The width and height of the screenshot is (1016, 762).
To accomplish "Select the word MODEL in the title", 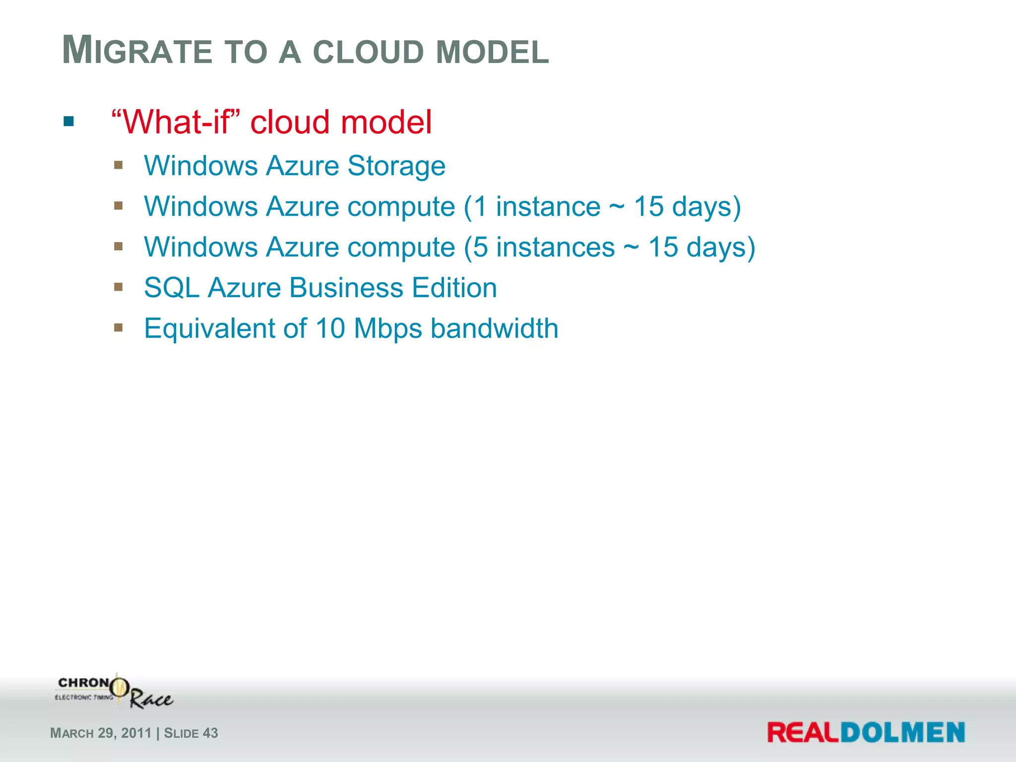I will click(492, 52).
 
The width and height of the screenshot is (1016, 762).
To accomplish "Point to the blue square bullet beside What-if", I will click(69, 121).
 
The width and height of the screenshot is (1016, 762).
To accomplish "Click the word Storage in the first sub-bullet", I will click(396, 166).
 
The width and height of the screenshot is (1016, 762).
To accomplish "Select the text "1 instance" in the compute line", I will click(537, 206).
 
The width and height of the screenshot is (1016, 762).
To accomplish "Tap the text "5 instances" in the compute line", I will click(544, 247).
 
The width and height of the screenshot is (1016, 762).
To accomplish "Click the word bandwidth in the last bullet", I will click(494, 328).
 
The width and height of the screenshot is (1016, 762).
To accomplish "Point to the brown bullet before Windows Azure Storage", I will click(118, 165).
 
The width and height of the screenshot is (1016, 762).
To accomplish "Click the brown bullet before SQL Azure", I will click(118, 287).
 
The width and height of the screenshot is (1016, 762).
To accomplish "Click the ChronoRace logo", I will click(114, 692).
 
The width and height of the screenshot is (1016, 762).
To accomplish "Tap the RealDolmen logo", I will click(866, 732).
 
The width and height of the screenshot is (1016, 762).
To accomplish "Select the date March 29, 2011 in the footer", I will click(101, 733).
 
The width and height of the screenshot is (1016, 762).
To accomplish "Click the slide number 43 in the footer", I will click(210, 733).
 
